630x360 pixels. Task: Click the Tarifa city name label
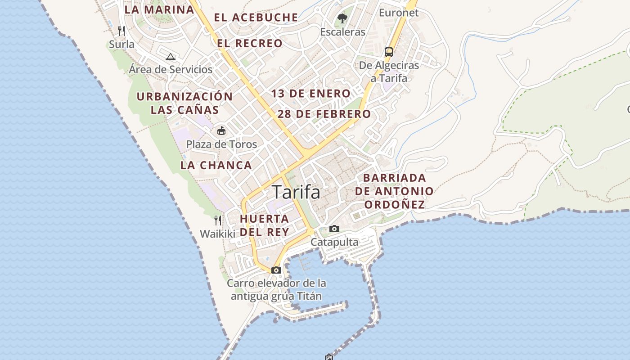click(x=296, y=192)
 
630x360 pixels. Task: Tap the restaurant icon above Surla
click(x=121, y=31)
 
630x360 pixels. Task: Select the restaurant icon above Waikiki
click(x=218, y=220)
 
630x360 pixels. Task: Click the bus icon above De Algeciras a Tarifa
click(x=389, y=52)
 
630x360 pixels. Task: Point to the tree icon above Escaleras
click(x=342, y=18)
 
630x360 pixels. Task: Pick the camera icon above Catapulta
click(x=334, y=229)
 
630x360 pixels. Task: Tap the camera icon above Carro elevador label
click(x=276, y=270)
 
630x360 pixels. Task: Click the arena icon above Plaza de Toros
click(x=221, y=131)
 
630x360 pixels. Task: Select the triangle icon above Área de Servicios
click(x=170, y=57)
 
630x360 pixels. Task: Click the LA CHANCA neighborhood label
click(x=216, y=165)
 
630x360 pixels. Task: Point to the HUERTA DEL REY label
click(x=264, y=225)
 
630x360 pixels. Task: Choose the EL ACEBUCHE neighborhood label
click(x=256, y=18)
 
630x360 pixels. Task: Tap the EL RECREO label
click(x=250, y=44)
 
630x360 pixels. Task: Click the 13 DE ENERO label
click(x=310, y=94)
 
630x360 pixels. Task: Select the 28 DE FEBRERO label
click(x=324, y=114)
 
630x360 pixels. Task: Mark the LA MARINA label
click(x=159, y=9)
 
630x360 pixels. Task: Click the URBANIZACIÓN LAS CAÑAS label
click(x=184, y=103)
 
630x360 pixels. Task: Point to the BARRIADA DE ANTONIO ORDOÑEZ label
click(x=394, y=191)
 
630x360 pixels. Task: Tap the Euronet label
click(x=399, y=13)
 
